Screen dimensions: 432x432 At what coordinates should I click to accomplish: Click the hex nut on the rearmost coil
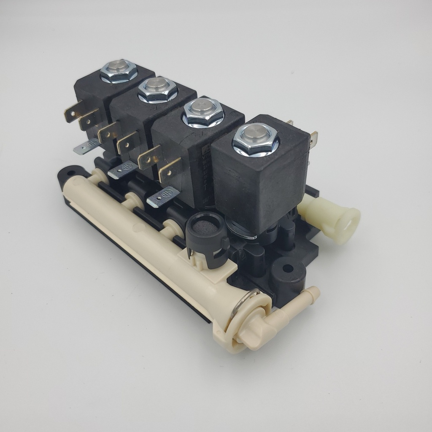119,72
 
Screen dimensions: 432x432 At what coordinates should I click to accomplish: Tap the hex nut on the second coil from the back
157,90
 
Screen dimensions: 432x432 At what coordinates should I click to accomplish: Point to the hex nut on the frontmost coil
255,140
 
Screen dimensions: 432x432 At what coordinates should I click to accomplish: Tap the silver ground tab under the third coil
162,196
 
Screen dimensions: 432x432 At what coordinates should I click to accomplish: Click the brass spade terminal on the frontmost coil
313,137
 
